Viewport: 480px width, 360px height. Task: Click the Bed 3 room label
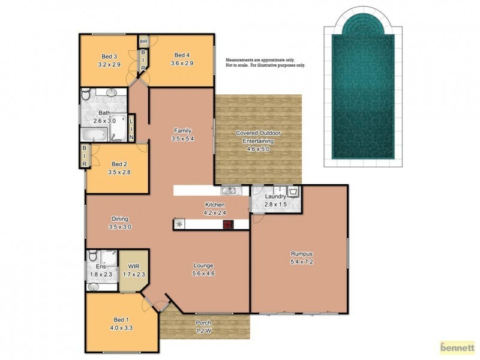[109, 56]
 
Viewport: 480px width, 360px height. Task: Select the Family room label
[182, 131]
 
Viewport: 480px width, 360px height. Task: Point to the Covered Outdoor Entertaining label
[258, 136]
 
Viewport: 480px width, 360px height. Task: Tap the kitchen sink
[229, 191]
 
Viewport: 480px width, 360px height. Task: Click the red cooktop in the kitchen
[228, 224]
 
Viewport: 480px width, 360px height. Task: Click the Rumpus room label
[298, 253]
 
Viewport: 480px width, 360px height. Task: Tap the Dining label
[120, 219]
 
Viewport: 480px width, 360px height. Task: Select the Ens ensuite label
[100, 266]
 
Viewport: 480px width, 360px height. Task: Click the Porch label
[203, 323]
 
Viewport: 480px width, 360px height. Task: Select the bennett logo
[457, 347]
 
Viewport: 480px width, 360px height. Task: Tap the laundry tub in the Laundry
[293, 192]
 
